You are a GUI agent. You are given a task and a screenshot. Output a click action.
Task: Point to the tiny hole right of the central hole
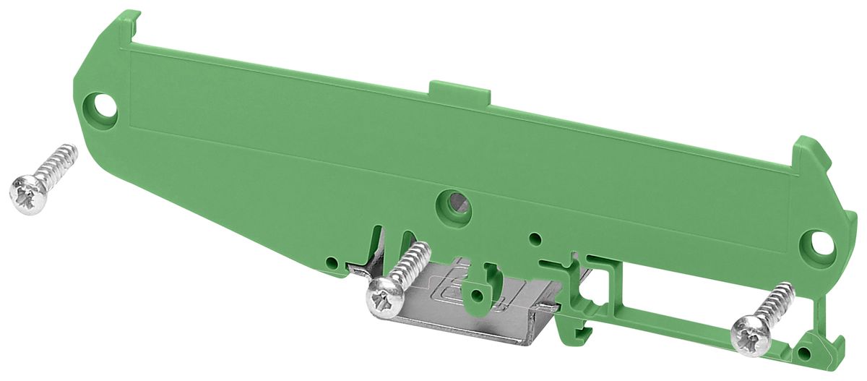coord(534,238)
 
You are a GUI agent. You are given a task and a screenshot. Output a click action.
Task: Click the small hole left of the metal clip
coord(331,261)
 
